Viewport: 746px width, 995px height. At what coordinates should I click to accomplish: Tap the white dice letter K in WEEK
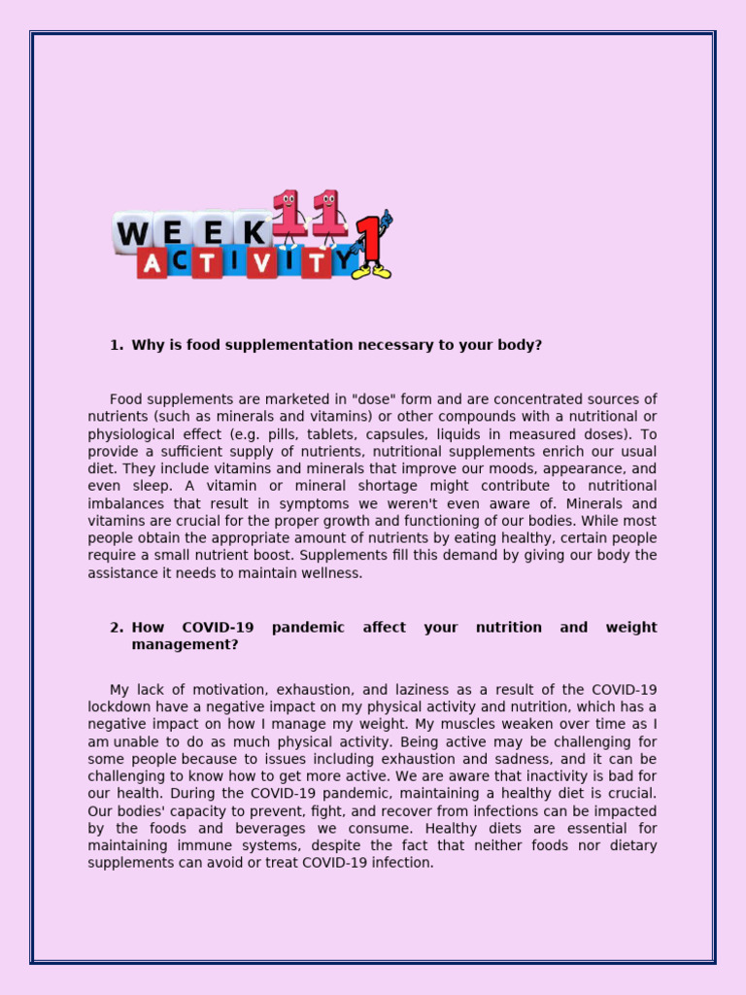255,232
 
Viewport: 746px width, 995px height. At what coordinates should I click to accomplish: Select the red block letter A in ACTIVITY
153,261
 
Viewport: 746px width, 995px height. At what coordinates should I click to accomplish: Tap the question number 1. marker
117,345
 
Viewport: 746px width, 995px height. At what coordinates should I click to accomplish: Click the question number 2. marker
117,628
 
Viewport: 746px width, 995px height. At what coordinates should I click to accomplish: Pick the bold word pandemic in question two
308,628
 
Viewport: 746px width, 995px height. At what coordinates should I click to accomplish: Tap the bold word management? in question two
185,645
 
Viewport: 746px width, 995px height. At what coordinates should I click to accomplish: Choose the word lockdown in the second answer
117,707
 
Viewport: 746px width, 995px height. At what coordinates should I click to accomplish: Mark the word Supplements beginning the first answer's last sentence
337,557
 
